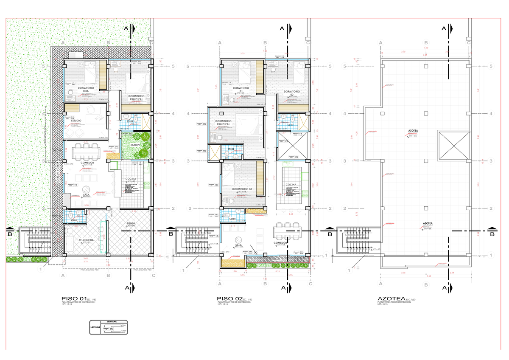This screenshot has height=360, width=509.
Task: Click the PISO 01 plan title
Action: (x=74, y=299)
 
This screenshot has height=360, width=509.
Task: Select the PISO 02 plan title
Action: (x=229, y=299)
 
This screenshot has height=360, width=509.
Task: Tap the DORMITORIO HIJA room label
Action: (x=85, y=90)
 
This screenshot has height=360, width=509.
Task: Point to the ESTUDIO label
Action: (x=76, y=121)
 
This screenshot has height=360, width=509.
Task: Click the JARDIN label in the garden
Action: (x=135, y=145)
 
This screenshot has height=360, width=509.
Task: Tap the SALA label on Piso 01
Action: (x=86, y=194)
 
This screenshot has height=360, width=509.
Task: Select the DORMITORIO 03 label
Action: (x=242, y=188)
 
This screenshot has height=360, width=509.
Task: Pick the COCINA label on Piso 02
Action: (x=291, y=185)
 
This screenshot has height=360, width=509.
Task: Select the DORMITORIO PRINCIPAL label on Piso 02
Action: (x=228, y=123)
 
